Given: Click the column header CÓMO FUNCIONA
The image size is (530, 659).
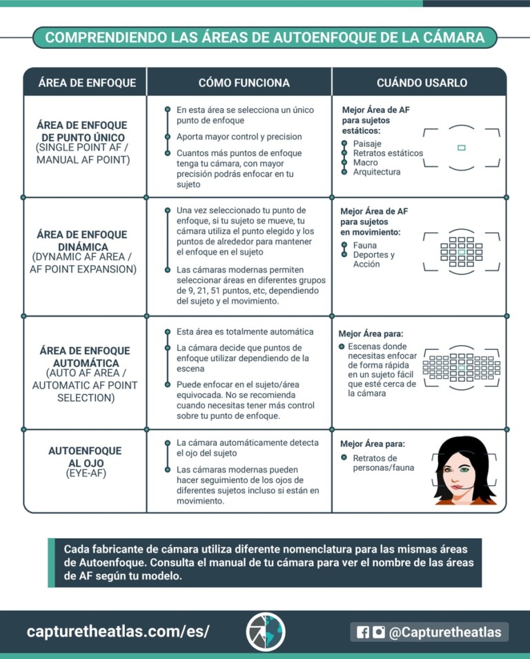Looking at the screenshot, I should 244,83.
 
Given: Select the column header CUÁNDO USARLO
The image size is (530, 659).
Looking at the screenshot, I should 422,83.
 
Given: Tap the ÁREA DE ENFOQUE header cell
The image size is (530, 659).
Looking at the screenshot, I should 87,83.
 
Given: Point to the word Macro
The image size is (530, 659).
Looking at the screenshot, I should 365,162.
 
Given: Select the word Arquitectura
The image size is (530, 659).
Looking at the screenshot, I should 376,172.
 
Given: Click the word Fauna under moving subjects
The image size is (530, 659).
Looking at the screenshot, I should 364,245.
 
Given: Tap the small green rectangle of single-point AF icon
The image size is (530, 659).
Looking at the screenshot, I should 461,147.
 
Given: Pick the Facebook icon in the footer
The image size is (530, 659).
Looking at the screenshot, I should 363,632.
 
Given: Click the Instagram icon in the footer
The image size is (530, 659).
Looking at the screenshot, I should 378,632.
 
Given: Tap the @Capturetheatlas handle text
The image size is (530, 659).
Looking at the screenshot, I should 444,632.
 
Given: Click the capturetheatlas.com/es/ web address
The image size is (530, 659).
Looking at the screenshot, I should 118,631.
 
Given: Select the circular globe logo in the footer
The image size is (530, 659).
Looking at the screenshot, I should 266,631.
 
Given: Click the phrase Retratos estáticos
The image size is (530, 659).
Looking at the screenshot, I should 388,153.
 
